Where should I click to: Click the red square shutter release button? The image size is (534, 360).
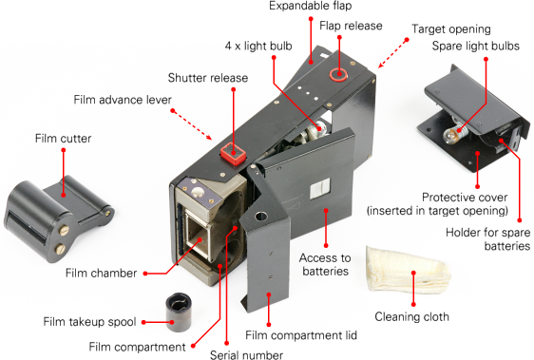pyautogui.click(x=233, y=154)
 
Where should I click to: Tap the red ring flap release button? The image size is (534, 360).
pyautogui.click(x=338, y=75)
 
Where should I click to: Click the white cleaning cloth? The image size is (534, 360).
pyautogui.click(x=408, y=270)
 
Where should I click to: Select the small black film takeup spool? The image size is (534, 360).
pyautogui.click(x=179, y=312)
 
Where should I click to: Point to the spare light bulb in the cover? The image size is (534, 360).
pyautogui.click(x=452, y=134)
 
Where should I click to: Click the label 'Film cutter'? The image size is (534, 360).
pyautogui.click(x=64, y=139)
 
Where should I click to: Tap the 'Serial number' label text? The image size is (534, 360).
pyautogui.click(x=246, y=354)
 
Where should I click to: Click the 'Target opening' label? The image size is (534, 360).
pyautogui.click(x=451, y=29)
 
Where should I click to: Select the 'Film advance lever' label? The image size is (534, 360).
pyautogui.click(x=123, y=100)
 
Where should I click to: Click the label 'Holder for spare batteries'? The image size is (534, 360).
pyautogui.click(x=488, y=239)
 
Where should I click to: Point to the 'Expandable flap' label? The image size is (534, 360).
pyautogui.click(x=311, y=6)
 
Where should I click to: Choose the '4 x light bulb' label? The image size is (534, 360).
pyautogui.click(x=258, y=46)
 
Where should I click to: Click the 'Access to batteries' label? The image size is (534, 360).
pyautogui.click(x=325, y=264)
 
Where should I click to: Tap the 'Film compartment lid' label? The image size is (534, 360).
pyautogui.click(x=301, y=335)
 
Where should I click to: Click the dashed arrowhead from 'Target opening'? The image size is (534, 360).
pyautogui.click(x=381, y=65)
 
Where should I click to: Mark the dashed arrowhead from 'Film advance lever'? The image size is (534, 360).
pyautogui.click(x=208, y=137)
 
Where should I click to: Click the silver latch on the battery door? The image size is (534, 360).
pyautogui.click(x=320, y=188)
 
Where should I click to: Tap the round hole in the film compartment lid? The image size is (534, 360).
pyautogui.click(x=261, y=216)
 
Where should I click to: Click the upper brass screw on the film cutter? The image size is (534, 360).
pyautogui.click(x=64, y=231)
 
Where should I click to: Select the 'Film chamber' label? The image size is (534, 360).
pyautogui.click(x=101, y=274)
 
